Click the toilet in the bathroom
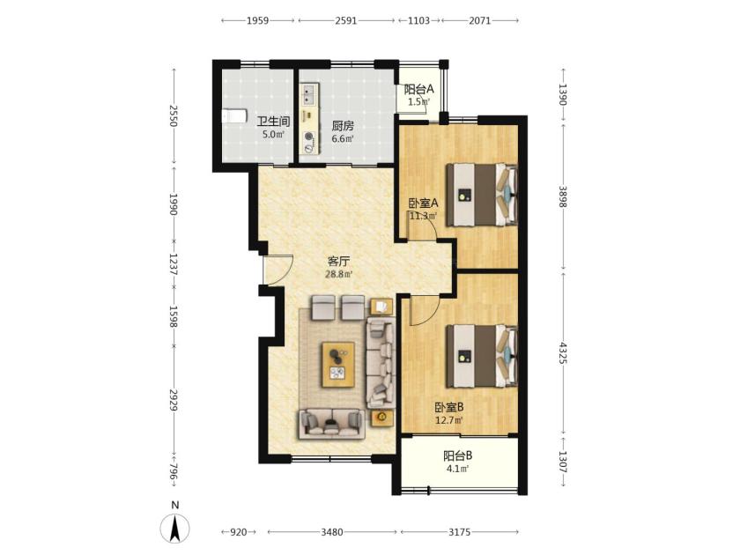tap(234, 115)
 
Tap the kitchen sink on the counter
tap(309, 95)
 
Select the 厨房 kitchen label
tap(343, 126)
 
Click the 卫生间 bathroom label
tap(273, 122)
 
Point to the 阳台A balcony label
tap(418, 89)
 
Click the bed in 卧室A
tap(482, 195)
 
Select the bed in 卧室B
tap(482, 355)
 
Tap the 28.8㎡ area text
tap(339, 274)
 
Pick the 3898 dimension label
tap(563, 196)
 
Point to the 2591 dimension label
tap(346, 20)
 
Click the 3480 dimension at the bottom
tap(332, 532)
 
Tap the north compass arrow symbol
tap(175, 528)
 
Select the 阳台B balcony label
tap(458, 456)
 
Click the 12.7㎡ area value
tap(448, 419)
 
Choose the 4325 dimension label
tap(563, 352)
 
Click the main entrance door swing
tap(278, 270)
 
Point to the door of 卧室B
tap(425, 310)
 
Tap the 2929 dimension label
tap(174, 400)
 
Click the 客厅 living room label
tap(339, 262)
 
